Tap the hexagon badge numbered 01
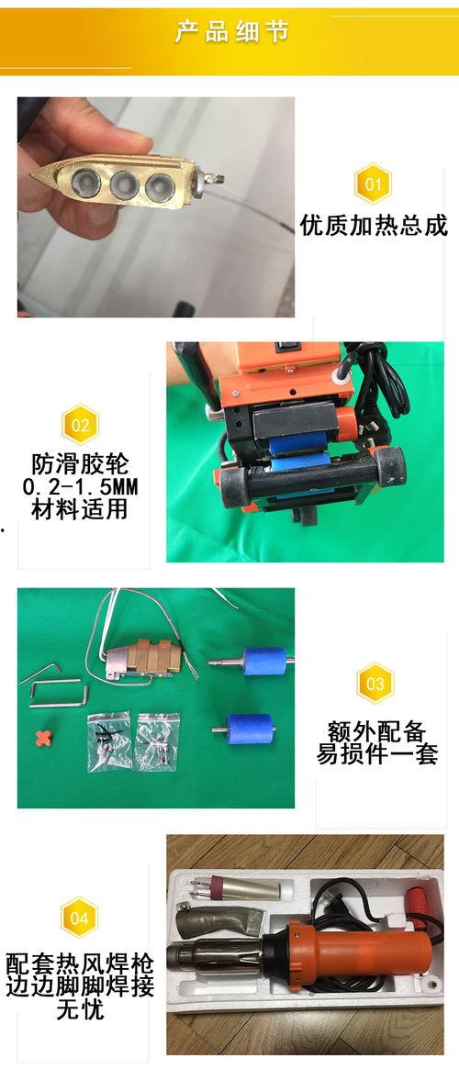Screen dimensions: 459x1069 tap(373, 184)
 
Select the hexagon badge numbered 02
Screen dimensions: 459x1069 tap(81, 425)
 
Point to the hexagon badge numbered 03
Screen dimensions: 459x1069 tap(375, 683)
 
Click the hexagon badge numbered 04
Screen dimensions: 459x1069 tap(79, 918)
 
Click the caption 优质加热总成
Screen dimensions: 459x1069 tap(374, 226)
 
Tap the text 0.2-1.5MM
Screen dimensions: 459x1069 tap(81, 487)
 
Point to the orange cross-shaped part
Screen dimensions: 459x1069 tap(44, 738)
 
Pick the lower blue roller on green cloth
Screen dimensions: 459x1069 tap(248, 729)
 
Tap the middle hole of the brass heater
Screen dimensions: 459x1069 tap(124, 182)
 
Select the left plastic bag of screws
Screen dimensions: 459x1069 tap(109, 741)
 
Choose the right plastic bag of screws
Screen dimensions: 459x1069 tap(158, 741)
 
